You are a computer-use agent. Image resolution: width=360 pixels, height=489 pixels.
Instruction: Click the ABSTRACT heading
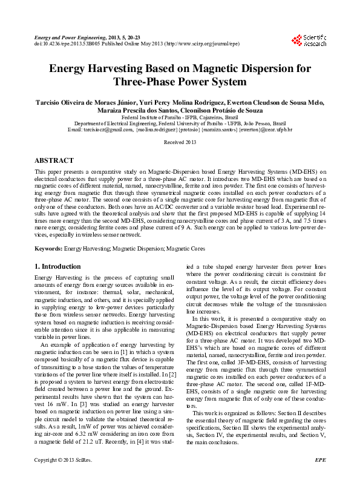(55, 161)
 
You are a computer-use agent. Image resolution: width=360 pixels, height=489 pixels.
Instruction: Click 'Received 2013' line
(180, 142)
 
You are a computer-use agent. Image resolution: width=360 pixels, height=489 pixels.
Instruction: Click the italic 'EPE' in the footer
(321, 478)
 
